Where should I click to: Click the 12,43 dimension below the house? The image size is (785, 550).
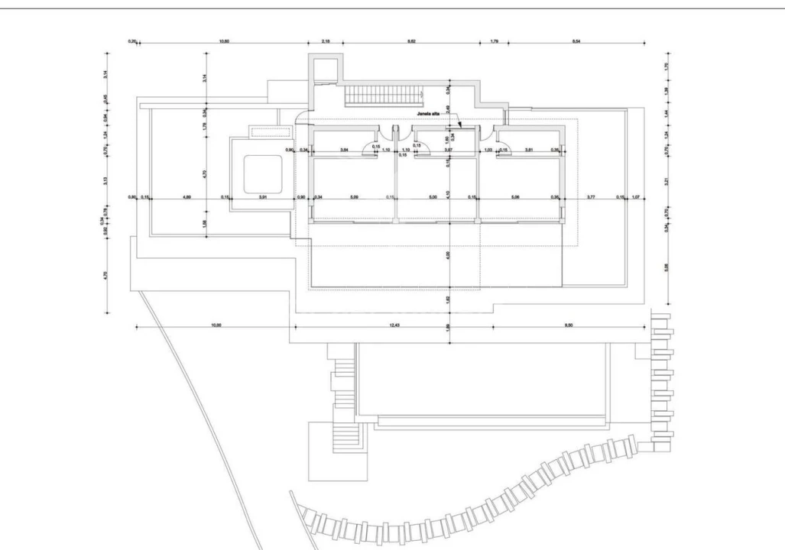394,325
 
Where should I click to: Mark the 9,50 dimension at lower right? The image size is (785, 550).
569,325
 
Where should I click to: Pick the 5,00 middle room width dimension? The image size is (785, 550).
433,198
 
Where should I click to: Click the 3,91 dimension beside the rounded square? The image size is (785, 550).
263,198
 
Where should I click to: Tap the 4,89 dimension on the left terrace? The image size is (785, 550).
187,198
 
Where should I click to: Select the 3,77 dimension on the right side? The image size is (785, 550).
591,198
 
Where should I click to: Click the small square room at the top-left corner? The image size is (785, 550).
323,70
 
